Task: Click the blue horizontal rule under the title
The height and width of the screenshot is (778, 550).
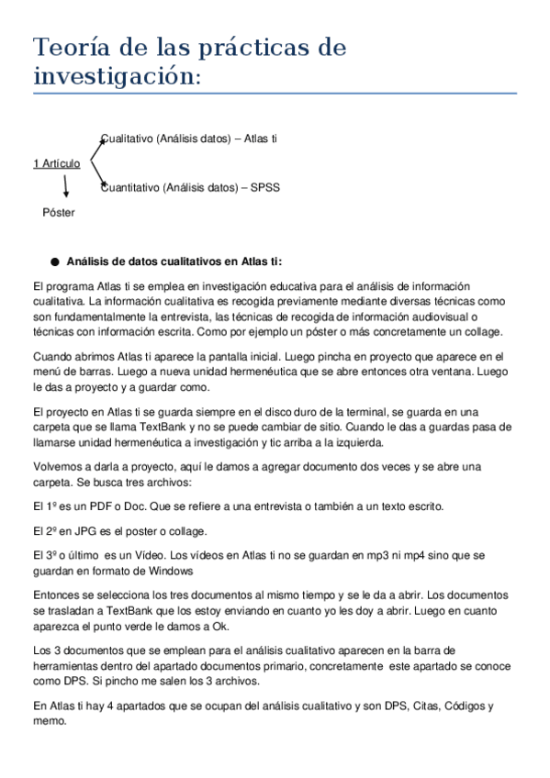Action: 275,93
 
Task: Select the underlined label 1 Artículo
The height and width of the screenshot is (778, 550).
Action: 56,163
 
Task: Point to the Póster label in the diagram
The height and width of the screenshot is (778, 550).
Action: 59,212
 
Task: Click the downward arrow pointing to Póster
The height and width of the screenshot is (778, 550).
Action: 66,187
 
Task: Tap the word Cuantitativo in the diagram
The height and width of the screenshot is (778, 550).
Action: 129,188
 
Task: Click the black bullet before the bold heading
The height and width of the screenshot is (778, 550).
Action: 54,261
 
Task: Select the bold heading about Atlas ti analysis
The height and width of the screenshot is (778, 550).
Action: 162,261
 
